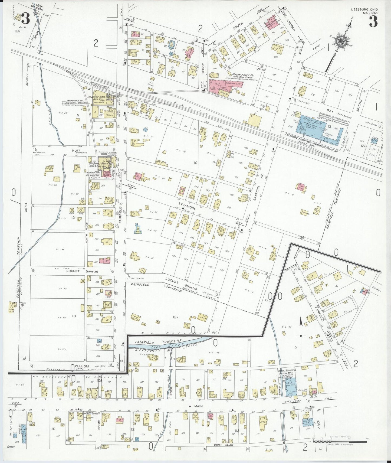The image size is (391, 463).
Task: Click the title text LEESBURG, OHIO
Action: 364,9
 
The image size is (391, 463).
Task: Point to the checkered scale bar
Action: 339,441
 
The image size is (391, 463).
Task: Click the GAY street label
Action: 330,110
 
